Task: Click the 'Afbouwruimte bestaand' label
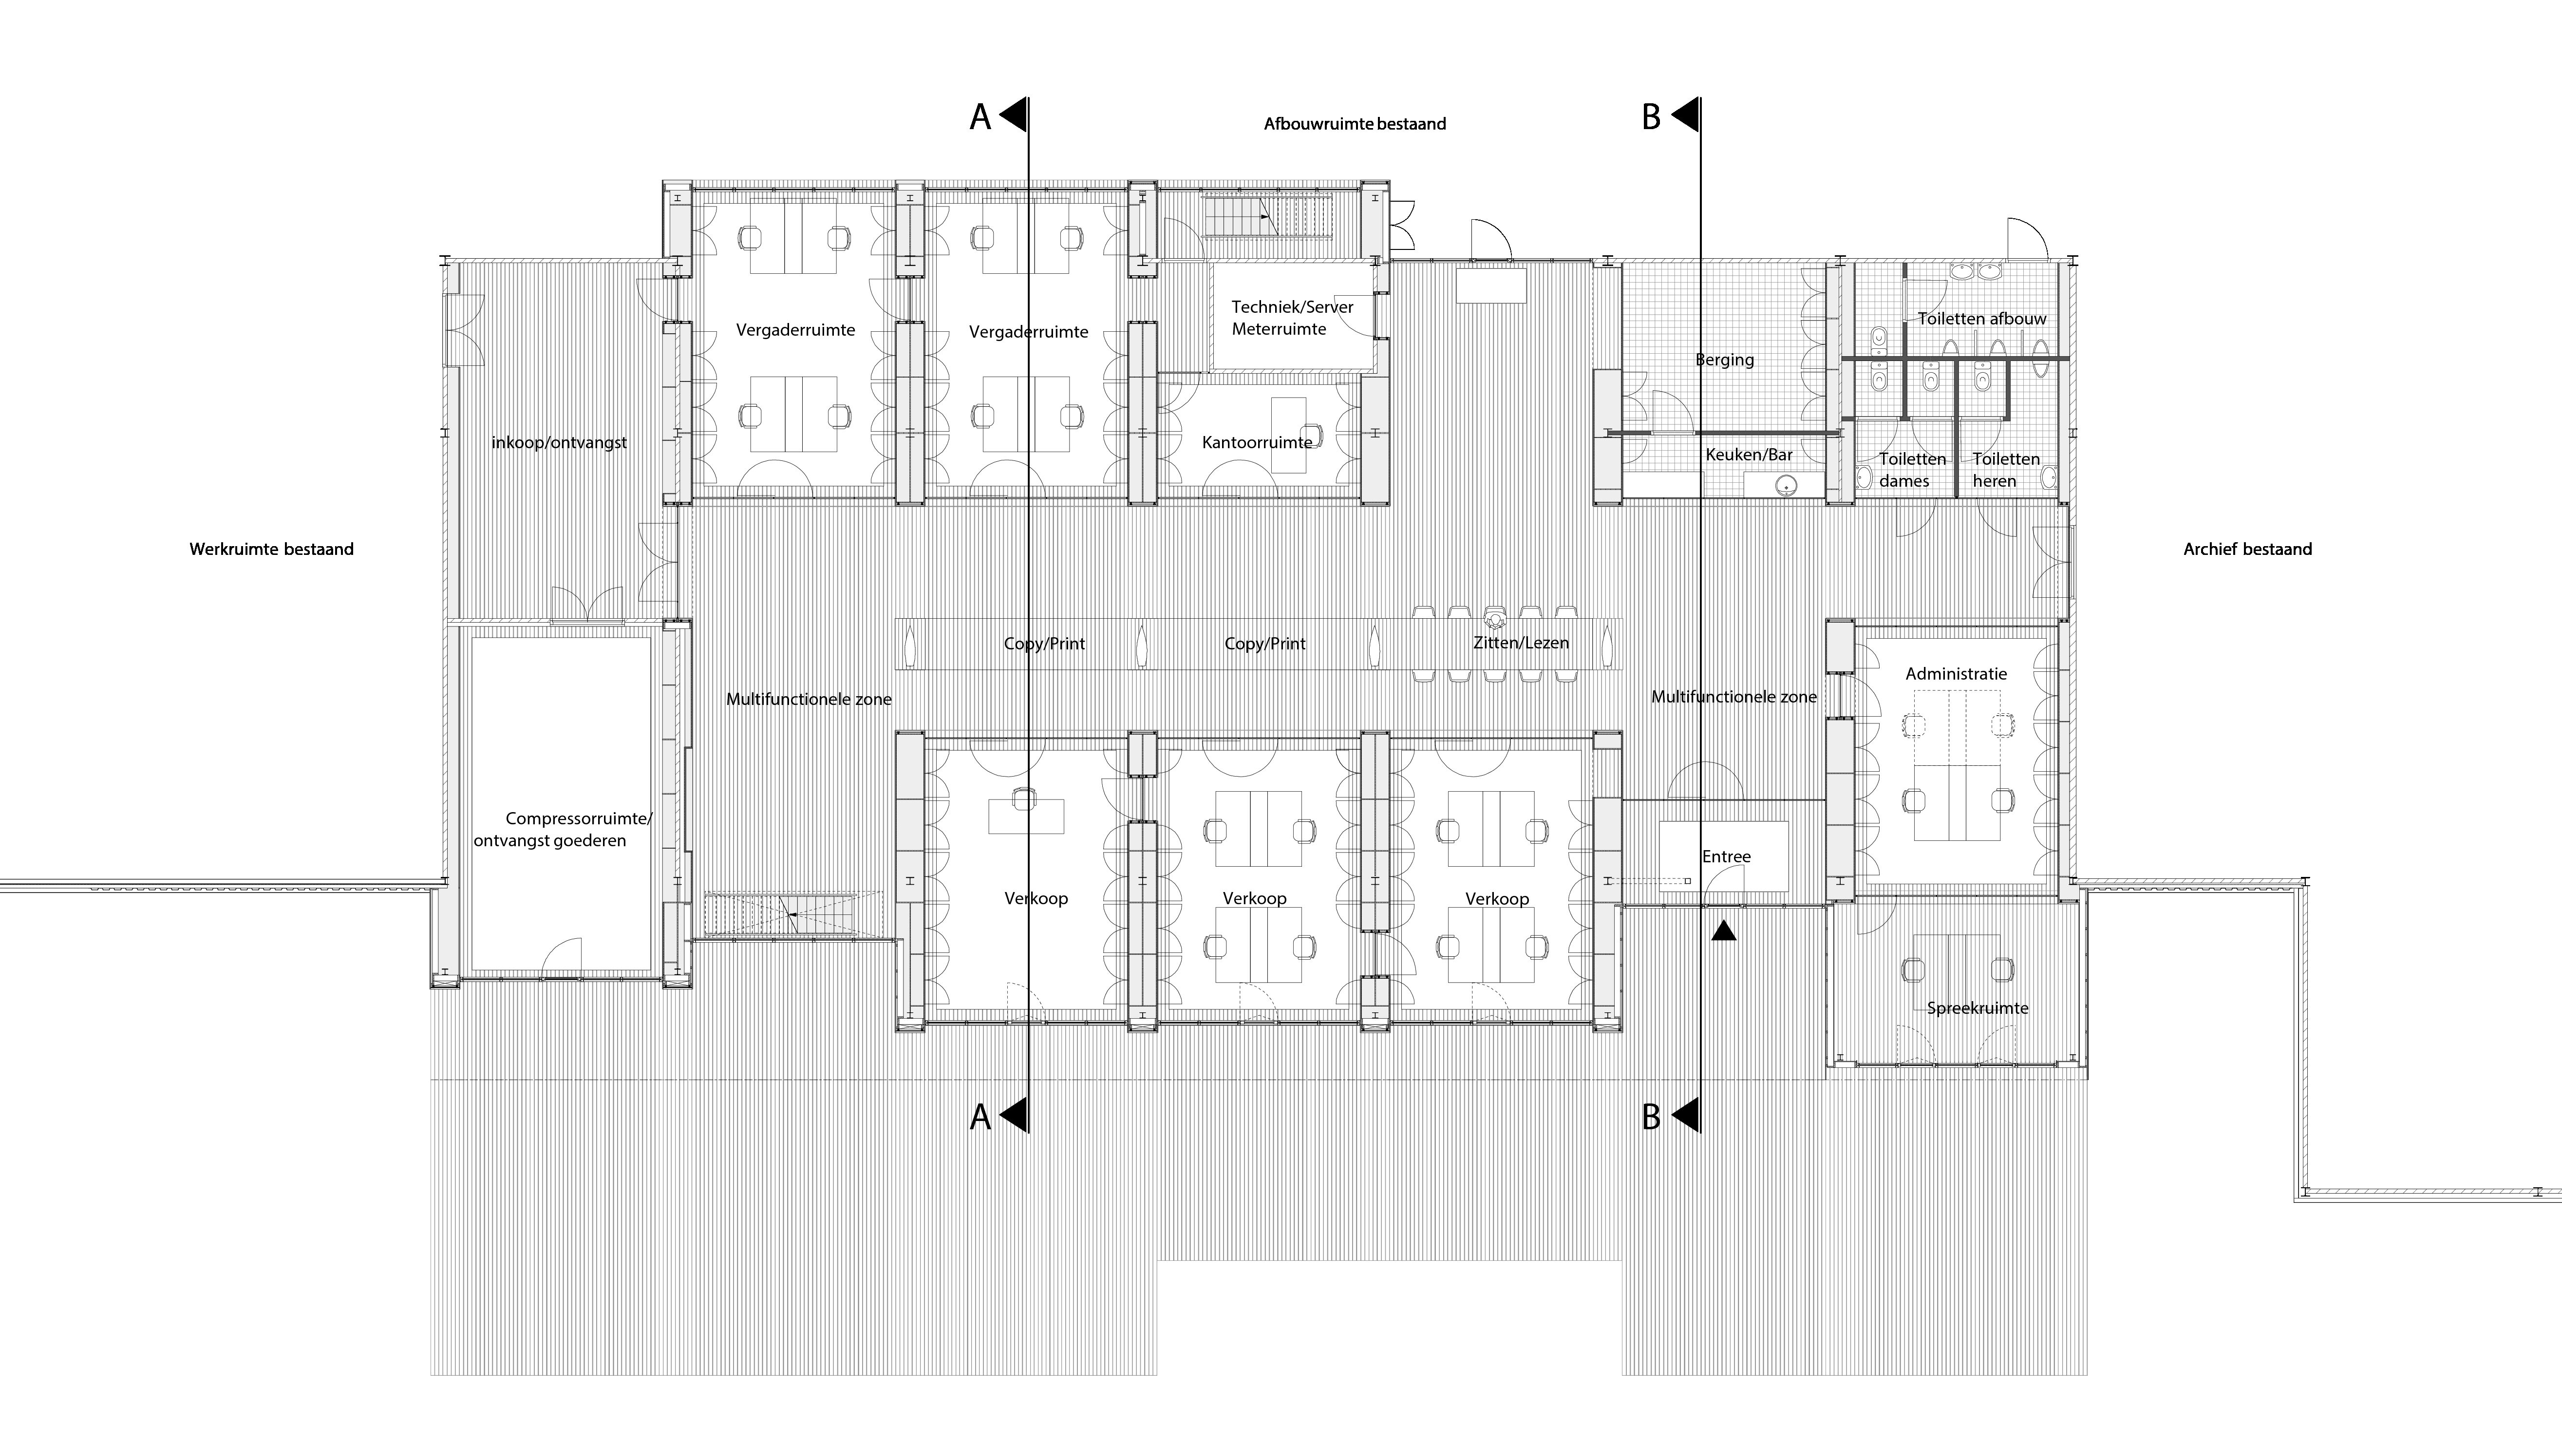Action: tap(1355, 124)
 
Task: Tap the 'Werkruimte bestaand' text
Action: tap(271, 549)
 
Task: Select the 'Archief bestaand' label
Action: tap(2248, 549)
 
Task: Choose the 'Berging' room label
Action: tap(1725, 360)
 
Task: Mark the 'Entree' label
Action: tap(1726, 856)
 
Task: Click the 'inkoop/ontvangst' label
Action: tap(559, 442)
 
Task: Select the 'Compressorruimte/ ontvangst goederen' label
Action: tap(563, 829)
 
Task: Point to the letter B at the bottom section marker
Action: tap(1651, 1118)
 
